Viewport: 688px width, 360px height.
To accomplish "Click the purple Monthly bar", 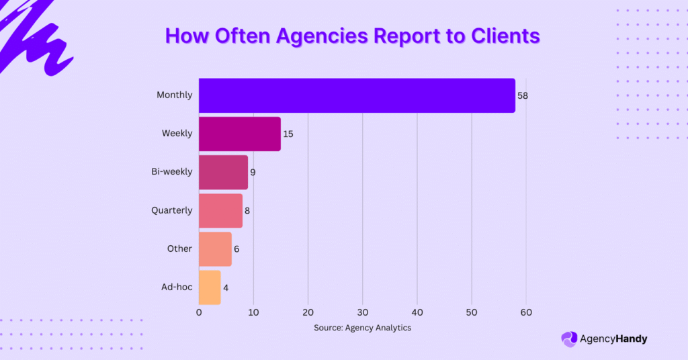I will [357, 95].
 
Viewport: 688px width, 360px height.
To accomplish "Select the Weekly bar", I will [240, 134].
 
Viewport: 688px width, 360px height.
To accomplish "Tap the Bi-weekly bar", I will [223, 172].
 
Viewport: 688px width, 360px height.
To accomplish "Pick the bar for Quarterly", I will [220, 210].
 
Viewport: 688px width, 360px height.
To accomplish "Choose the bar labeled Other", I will [215, 249].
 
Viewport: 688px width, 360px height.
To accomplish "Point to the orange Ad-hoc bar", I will [210, 287].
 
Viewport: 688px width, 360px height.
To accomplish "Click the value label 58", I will [523, 95].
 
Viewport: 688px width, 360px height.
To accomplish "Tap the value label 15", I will [288, 134].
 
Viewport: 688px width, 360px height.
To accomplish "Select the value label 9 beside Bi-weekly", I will [253, 172].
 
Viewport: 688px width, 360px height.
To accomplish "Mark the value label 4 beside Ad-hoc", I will [226, 287].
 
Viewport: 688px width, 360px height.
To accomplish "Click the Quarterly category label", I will [171, 210].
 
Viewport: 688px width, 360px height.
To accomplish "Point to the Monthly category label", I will [174, 95].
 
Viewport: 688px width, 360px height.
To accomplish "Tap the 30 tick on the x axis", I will [363, 312].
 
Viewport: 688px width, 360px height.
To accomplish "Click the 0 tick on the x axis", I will [199, 312].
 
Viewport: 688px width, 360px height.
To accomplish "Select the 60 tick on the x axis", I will [526, 312].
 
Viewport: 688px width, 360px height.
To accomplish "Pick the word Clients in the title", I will [503, 36].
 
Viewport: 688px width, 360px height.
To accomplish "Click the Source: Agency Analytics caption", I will [362, 328].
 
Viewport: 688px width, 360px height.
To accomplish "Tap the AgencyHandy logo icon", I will [569, 339].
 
